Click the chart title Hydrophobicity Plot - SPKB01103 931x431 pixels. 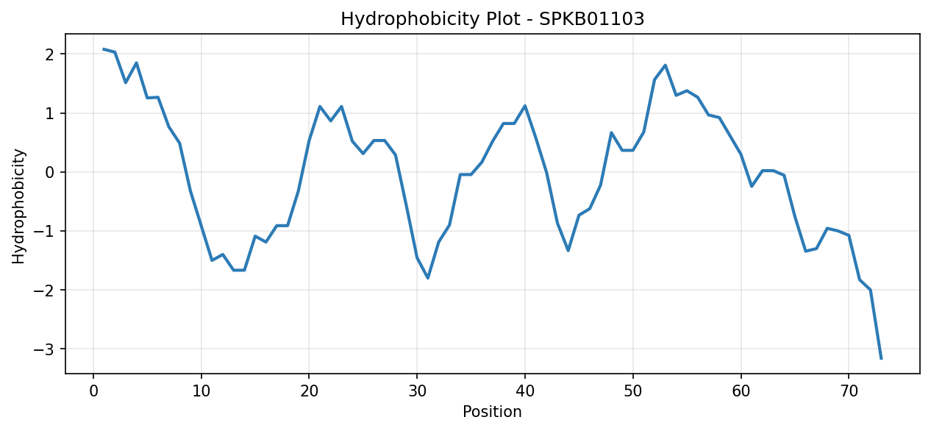492,19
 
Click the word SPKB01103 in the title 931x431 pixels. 591,19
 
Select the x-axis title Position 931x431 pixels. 492,411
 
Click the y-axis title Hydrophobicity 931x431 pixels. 18,207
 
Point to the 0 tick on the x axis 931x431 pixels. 93,391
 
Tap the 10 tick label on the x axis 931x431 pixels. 201,391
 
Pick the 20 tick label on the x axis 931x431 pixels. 309,391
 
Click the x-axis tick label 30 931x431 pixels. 417,391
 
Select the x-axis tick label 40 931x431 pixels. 525,391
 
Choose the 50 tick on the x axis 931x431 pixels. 633,391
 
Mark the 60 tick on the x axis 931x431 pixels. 741,391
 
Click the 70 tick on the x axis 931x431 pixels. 849,391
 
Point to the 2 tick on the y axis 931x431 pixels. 50,54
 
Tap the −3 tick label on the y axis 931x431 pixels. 44,349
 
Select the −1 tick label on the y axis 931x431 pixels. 44,231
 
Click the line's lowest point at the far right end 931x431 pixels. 881,359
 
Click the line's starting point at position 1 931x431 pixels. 104,49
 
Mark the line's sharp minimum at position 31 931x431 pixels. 428,278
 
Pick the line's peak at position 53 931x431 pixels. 665,65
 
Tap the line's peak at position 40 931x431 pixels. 525,106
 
